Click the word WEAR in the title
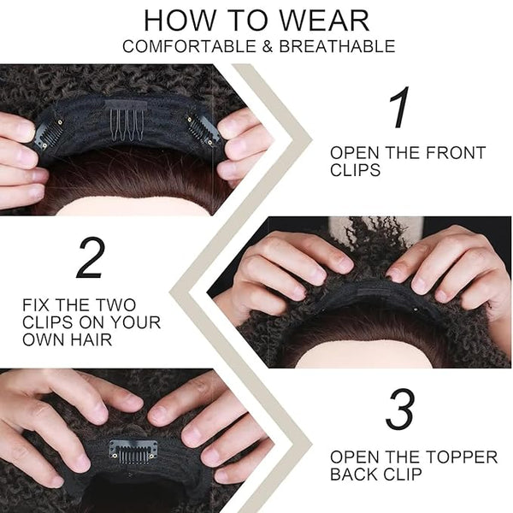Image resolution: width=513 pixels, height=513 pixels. [325, 21]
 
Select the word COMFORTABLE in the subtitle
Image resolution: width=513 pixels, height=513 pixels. [189, 46]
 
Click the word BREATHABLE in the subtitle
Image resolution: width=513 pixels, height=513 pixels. [337, 46]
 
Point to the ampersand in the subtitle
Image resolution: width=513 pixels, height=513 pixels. [268, 46]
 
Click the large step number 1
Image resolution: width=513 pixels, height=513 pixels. [399, 107]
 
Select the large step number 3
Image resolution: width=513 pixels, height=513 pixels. [400, 409]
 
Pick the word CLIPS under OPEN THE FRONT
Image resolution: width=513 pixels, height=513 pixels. [355, 170]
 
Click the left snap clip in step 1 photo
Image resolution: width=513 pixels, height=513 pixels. [49, 134]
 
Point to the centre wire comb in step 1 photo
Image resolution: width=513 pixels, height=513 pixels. [127, 121]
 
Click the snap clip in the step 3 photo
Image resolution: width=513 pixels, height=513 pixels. [133, 451]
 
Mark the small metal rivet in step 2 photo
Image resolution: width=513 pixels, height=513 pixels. [416, 309]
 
